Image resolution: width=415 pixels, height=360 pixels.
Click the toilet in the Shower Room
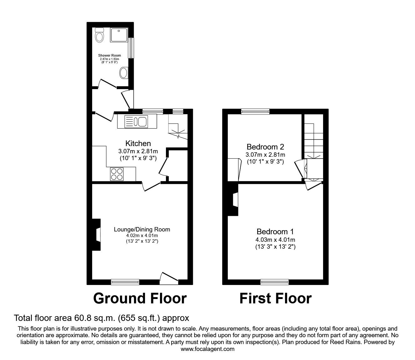click(x=100, y=35)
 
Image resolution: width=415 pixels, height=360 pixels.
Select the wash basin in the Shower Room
click(x=123, y=74)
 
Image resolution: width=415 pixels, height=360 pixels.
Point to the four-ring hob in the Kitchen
click(x=117, y=174)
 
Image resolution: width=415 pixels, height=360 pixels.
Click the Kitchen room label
click(x=138, y=144)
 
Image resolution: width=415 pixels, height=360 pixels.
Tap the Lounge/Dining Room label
click(x=142, y=229)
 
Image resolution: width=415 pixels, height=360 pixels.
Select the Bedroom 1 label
click(x=275, y=232)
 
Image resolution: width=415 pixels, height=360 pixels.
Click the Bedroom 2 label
click(x=265, y=147)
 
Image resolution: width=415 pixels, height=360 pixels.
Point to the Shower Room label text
click(x=109, y=55)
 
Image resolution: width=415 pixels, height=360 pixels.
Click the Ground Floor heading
click(x=140, y=298)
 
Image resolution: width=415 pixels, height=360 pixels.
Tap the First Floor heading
click(x=275, y=298)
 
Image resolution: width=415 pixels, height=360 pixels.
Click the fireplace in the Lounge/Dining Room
click(x=97, y=235)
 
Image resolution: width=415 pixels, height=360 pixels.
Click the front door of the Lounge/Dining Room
click(x=169, y=278)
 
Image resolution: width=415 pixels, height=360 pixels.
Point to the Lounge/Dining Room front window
click(x=125, y=282)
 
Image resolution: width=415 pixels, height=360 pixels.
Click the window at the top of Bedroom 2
click(x=255, y=111)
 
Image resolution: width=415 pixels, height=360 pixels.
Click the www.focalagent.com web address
click(x=207, y=349)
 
